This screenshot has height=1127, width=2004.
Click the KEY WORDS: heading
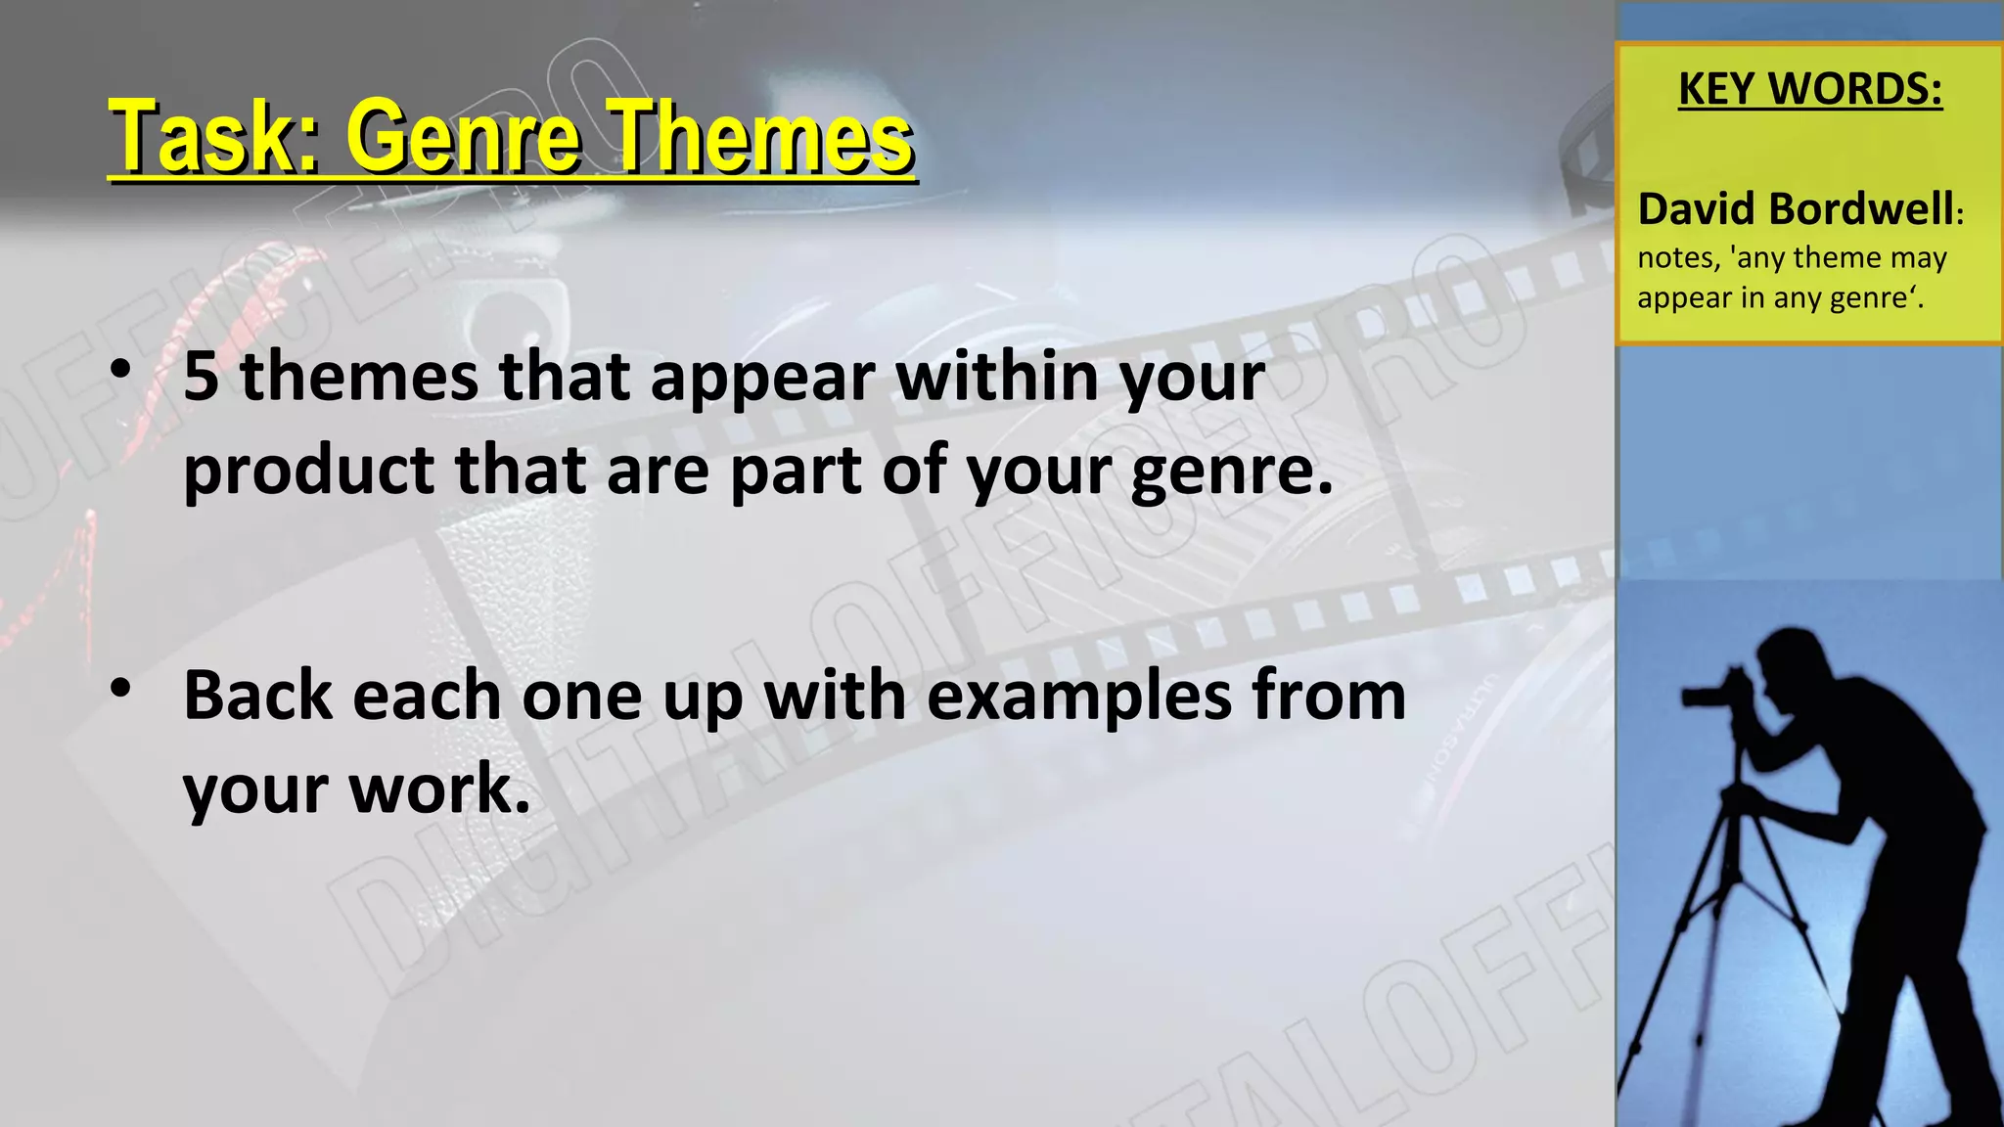(x=1810, y=89)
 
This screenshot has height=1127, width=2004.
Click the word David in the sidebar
(x=1698, y=209)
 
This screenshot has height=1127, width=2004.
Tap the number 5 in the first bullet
(x=201, y=377)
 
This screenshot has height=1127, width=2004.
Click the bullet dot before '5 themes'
(x=120, y=370)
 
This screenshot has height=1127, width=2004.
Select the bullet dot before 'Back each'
(x=120, y=689)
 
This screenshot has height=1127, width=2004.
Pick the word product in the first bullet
(x=308, y=472)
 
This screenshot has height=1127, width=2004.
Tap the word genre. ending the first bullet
(x=1232, y=472)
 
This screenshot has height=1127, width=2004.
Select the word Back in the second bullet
(x=258, y=696)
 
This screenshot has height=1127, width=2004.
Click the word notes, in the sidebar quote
(x=1679, y=257)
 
